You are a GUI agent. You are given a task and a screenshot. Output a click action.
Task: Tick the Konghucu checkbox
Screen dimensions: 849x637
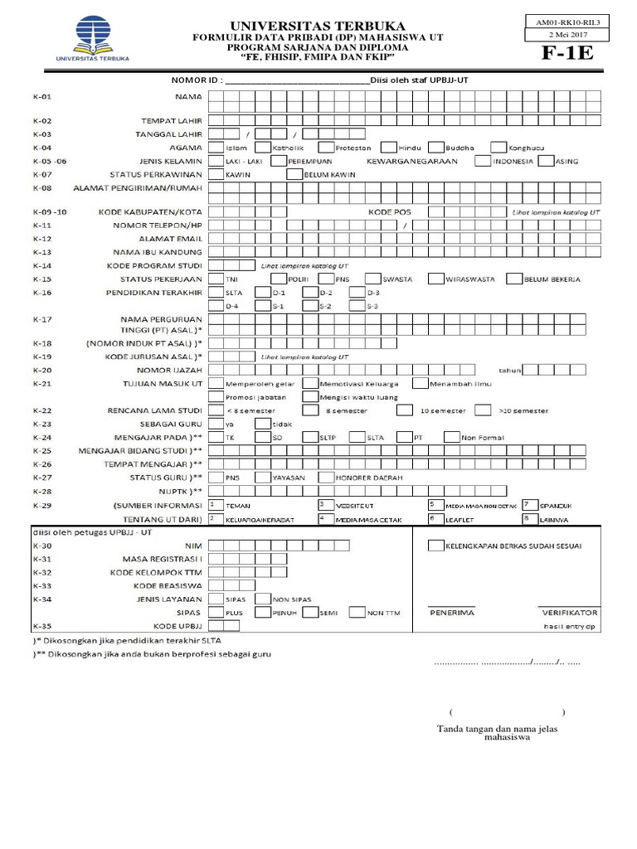click(498, 147)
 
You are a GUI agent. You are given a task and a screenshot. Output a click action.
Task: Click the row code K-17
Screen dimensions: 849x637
click(41, 319)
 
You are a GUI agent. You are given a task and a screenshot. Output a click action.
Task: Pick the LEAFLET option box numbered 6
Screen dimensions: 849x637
click(435, 518)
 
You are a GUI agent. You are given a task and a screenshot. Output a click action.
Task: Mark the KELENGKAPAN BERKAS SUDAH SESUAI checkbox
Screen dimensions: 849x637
click(435, 546)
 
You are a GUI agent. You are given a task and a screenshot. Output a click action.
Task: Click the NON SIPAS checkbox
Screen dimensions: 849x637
click(261, 599)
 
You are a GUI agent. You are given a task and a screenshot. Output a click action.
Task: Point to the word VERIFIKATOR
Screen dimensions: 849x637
click(569, 613)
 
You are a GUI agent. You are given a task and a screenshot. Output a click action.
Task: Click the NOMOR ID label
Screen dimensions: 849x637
click(197, 80)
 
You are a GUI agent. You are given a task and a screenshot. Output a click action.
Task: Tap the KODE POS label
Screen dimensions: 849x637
click(389, 211)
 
